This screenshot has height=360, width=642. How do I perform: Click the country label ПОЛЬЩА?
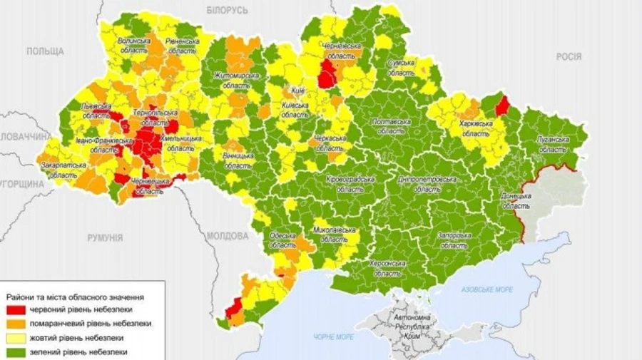[x=45, y=51]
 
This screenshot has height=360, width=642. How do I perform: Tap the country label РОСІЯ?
[x=568, y=56]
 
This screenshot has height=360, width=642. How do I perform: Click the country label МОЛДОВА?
[x=228, y=235]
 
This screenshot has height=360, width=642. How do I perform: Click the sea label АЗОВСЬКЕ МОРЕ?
[x=486, y=289]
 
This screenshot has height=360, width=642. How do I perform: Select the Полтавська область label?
[x=392, y=127]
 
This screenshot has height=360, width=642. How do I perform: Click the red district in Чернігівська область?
[x=328, y=74]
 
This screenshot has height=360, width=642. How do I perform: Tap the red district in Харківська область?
[x=502, y=106]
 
